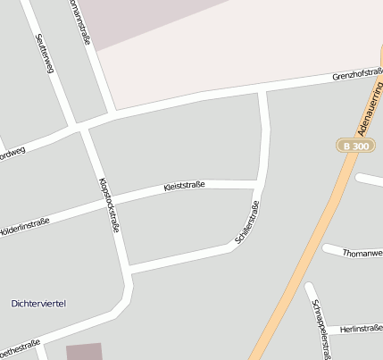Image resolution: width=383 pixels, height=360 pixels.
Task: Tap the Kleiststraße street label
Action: coord(185,186)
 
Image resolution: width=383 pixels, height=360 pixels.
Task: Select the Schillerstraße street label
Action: coord(247,224)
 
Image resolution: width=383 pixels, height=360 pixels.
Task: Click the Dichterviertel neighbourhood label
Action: coord(38,305)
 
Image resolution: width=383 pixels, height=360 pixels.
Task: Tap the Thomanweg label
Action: coord(362,253)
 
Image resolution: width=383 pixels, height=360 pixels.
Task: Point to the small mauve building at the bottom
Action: coord(85,351)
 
